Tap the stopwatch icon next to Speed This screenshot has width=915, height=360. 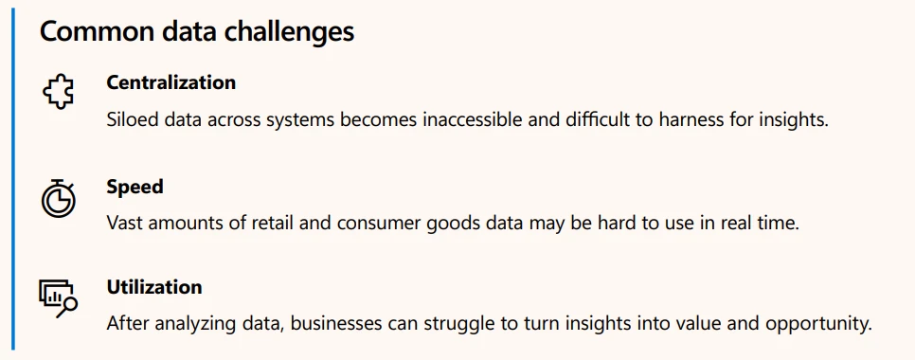coord(58,197)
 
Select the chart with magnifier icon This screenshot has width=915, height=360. coord(58,297)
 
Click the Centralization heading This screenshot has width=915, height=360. coord(170,82)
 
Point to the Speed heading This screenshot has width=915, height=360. coord(135,187)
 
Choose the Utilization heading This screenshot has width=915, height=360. coord(154,287)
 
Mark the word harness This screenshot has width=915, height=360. coord(694,122)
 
